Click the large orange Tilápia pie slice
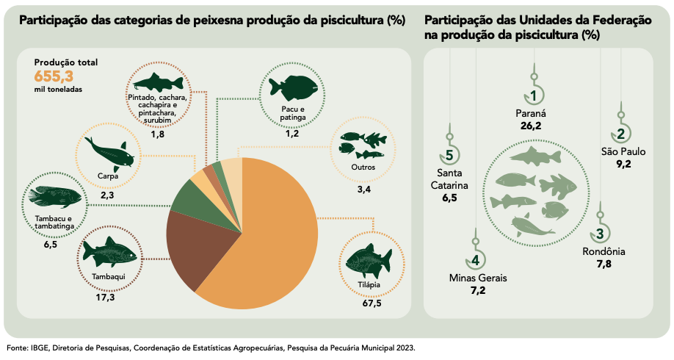(272, 235)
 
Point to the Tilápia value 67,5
(372, 303)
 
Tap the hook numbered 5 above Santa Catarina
(449, 155)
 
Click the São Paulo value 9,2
(623, 164)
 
